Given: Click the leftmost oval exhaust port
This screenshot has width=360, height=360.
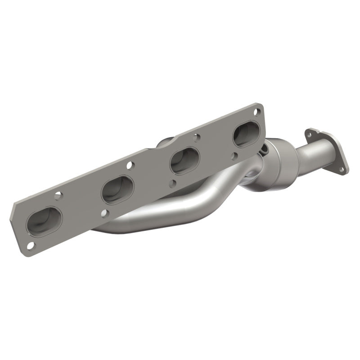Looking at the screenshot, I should point(44,221).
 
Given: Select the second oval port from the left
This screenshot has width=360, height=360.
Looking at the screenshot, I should point(117,189).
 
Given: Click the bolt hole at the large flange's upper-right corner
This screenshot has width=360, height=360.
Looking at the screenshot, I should point(256,112).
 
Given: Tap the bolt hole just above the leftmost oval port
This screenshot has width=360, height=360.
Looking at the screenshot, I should point(57,195).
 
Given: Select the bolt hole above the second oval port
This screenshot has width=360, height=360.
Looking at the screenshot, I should point(129,165).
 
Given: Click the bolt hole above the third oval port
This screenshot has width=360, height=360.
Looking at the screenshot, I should point(196,135).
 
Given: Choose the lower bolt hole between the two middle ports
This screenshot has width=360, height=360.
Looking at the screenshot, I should point(173,183).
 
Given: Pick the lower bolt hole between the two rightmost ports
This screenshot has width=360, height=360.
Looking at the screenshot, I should point(235,155).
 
